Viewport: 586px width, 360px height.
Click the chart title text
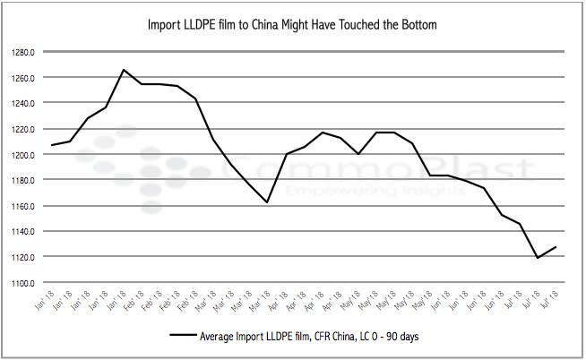pyautogui.click(x=292, y=24)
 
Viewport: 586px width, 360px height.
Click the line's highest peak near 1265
pyautogui.click(x=123, y=70)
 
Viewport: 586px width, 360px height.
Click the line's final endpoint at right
pyautogui.click(x=556, y=247)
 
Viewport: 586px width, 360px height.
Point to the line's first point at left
pyautogui.click(x=51, y=145)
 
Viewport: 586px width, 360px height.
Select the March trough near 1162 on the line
pyautogui.click(x=267, y=202)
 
